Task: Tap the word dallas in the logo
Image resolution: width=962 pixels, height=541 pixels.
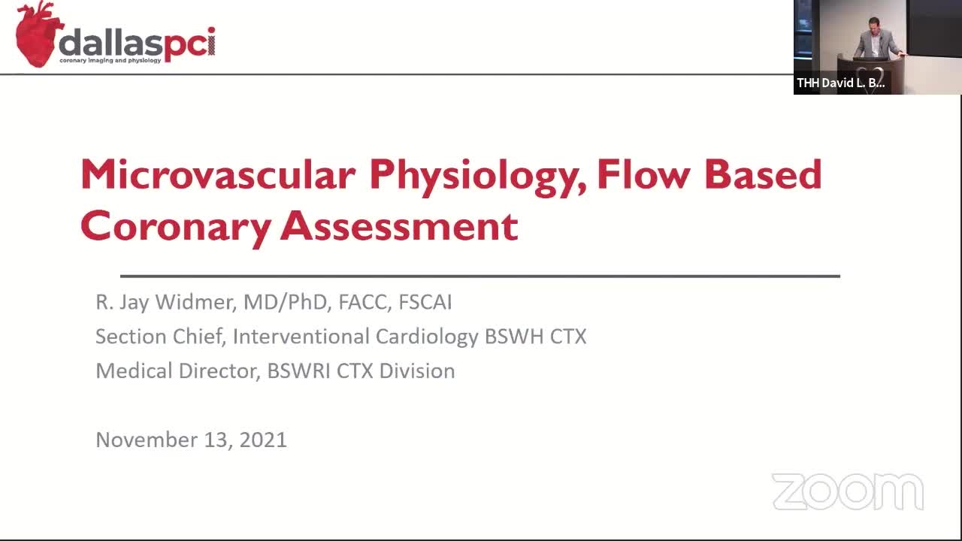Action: tap(110, 43)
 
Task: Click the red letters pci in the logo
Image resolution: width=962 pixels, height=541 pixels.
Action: tap(189, 44)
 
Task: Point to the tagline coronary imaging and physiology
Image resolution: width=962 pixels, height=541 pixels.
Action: tap(110, 61)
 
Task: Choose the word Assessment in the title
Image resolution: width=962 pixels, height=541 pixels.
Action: tap(399, 225)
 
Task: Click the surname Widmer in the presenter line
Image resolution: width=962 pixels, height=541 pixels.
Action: tap(196, 302)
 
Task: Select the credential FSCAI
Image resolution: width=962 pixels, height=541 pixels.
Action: tap(425, 302)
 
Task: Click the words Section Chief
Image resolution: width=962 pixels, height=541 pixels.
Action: tap(161, 336)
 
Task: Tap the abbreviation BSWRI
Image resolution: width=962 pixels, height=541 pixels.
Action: tap(299, 370)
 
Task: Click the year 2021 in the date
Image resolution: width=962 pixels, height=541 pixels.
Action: tap(263, 440)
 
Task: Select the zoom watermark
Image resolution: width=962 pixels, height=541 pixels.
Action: tap(848, 491)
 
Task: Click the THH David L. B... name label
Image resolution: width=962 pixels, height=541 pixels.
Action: tap(841, 83)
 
